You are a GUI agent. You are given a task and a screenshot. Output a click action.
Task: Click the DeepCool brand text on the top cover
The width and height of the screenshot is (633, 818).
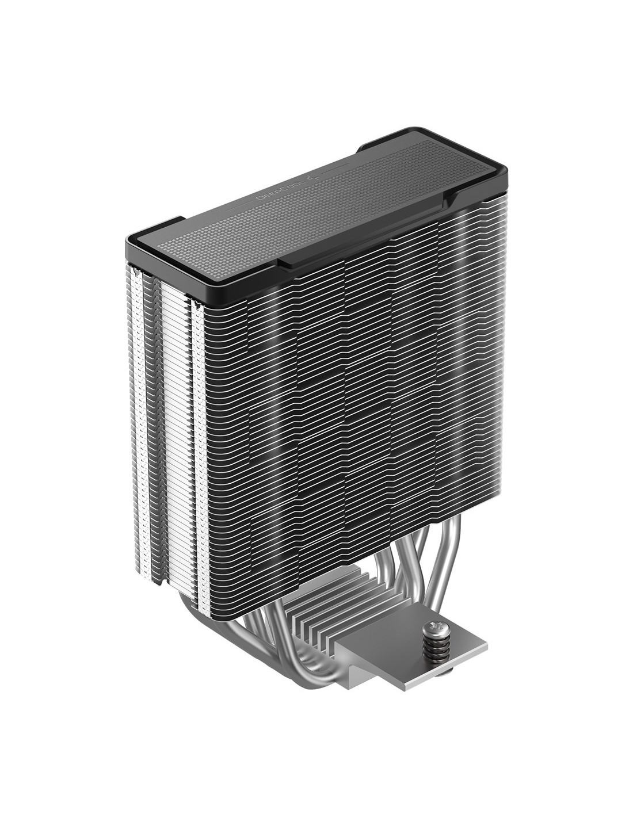(273, 193)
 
